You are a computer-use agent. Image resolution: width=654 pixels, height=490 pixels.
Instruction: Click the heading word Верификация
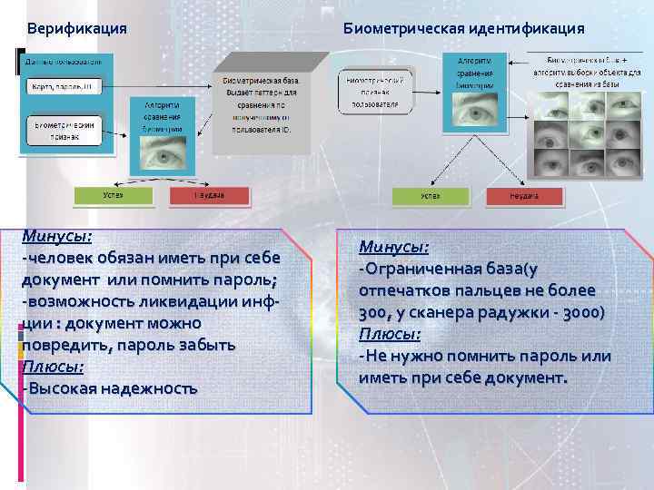76,28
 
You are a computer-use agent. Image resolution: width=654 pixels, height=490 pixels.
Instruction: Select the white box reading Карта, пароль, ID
62,88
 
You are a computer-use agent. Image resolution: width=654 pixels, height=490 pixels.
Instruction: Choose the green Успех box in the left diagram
114,195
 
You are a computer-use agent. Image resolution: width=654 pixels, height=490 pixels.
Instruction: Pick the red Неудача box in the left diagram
209,195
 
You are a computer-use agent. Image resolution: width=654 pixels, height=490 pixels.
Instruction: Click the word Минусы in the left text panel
57,236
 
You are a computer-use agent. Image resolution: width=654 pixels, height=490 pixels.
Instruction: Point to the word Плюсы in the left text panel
54,367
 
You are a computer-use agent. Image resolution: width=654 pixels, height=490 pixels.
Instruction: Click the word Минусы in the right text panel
394,247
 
